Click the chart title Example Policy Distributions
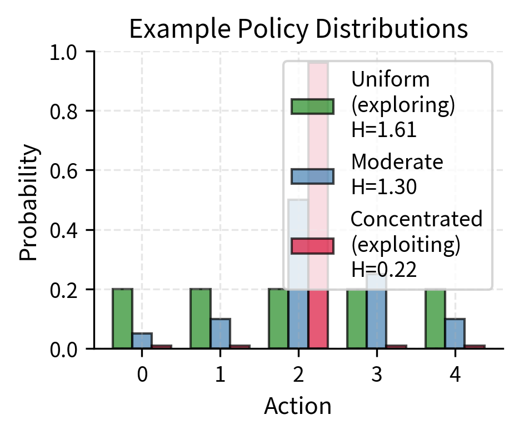click(x=298, y=29)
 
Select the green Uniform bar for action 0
click(x=122, y=318)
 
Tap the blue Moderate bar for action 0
click(x=142, y=341)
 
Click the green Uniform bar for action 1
click(x=200, y=318)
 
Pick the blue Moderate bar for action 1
click(x=220, y=333)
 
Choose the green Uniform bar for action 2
click(x=278, y=318)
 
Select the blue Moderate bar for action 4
click(x=455, y=333)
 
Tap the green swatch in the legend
click(x=312, y=106)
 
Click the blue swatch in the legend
click(x=312, y=176)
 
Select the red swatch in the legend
click(x=312, y=245)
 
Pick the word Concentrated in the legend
click(x=417, y=220)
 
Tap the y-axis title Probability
click(x=31, y=203)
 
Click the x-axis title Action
click(x=298, y=406)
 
